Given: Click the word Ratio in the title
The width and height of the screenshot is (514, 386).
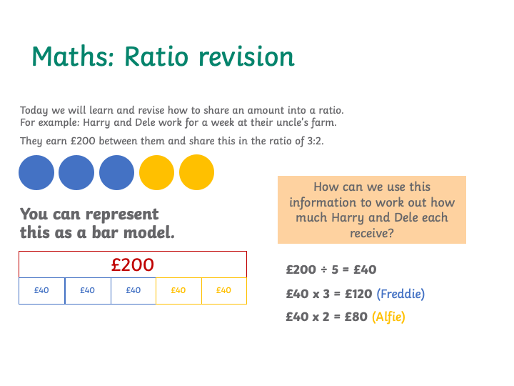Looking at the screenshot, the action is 156,56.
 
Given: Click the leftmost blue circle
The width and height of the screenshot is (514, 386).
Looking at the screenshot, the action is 36,173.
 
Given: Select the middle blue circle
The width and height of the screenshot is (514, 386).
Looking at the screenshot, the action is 76,173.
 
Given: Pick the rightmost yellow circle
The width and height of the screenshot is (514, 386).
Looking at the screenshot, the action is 197,172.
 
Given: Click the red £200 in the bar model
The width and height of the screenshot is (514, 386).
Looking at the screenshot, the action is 133,264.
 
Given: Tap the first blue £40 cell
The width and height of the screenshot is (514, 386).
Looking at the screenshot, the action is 41,291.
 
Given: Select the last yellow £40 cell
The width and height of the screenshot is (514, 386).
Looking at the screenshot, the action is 224,291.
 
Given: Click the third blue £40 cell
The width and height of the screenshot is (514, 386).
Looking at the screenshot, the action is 133,291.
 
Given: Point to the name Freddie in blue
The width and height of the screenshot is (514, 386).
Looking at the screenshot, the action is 400,294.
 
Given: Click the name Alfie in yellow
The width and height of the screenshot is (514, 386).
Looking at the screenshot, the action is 388,317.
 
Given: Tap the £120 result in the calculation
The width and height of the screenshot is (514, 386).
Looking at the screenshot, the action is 358,294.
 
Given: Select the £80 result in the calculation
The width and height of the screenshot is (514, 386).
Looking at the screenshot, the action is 356,317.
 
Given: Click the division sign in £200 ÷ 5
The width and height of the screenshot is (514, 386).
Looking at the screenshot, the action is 324,269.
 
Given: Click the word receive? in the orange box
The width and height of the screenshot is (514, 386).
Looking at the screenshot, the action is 372,233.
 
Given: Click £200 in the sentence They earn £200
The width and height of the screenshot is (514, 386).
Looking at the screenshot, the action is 83,141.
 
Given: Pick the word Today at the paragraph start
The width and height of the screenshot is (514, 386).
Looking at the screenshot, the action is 34,111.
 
